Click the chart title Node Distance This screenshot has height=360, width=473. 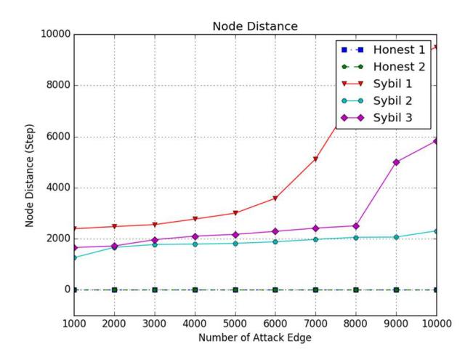[x=255, y=26]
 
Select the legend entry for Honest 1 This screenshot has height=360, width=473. [x=383, y=50]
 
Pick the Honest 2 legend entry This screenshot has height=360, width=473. [x=383, y=67]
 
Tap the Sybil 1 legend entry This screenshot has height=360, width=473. [x=377, y=84]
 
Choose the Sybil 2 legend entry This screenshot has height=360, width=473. [x=377, y=100]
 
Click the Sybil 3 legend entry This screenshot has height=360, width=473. [x=377, y=118]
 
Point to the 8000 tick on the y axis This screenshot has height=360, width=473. [x=58, y=85]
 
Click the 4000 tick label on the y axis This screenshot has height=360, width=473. [x=58, y=188]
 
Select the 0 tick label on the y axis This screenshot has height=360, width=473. [x=68, y=289]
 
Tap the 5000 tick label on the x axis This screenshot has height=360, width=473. [x=235, y=324]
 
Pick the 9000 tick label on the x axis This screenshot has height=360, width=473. [x=397, y=324]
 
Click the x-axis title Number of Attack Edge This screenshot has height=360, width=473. [x=255, y=337]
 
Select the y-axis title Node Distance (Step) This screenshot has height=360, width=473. [x=30, y=175]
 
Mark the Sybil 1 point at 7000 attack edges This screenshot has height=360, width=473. [x=316, y=159]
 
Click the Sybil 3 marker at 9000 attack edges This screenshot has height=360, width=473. [x=397, y=162]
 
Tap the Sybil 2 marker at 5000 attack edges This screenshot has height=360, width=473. [x=235, y=244]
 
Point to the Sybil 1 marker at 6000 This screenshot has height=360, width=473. [x=275, y=199]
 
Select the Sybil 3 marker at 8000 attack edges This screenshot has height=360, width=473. [x=356, y=226]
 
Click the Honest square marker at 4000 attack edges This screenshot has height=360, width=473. [x=195, y=290]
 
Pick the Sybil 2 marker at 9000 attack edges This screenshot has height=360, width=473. [x=397, y=237]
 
